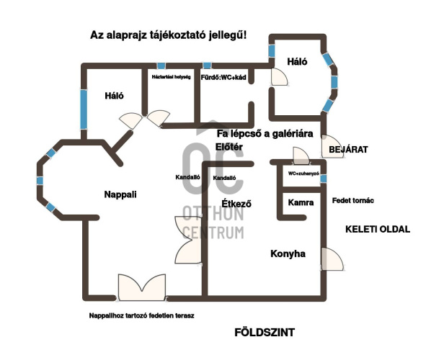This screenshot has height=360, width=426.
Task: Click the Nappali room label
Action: (x=120, y=194)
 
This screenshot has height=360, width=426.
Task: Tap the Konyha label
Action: (x=288, y=253)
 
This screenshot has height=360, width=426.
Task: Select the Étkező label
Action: (x=236, y=204)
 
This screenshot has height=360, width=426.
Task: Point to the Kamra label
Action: (x=301, y=202)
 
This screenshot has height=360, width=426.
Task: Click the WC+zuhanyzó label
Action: (x=303, y=174)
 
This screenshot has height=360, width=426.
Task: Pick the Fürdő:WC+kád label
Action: (x=223, y=77)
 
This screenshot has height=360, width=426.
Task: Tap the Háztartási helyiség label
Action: (x=171, y=77)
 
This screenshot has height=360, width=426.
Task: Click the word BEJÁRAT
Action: (x=348, y=150)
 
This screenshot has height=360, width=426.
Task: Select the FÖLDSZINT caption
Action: (x=265, y=333)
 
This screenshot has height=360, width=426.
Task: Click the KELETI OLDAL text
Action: (x=378, y=229)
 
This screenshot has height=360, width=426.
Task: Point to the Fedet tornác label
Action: (x=353, y=200)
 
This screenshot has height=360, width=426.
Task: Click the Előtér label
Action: (x=229, y=147)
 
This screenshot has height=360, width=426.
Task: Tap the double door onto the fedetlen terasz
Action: (x=142, y=287)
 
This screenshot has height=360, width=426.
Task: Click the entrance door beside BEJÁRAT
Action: (x=332, y=146)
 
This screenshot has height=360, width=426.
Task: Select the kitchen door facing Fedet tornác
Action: (x=332, y=258)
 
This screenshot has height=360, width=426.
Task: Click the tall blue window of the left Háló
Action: (x=84, y=109)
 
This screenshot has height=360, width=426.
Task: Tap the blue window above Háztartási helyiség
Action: (x=161, y=66)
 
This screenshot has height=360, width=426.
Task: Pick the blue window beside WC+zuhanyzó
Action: (x=324, y=179)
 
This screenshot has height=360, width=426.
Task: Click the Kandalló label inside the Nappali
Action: (x=187, y=177)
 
